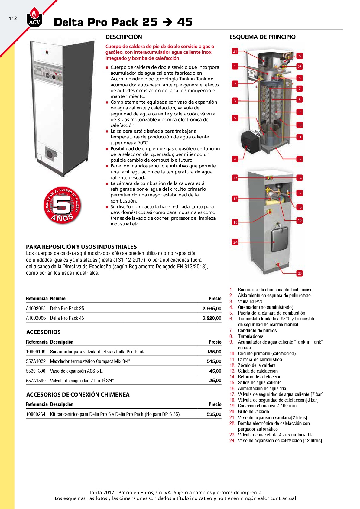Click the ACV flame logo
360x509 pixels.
(x=34, y=18)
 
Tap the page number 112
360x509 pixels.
(x=13, y=18)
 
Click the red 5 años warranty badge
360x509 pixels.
(x=62, y=206)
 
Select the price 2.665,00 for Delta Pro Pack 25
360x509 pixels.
(x=212, y=308)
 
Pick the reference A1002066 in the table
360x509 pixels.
(x=36, y=318)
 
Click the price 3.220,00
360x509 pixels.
(x=212, y=318)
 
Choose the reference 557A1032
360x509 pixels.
(x=36, y=361)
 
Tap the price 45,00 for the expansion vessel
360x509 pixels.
(x=215, y=371)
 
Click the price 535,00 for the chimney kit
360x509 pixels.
(x=214, y=414)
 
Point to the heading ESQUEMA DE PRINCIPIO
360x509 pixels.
(x=262, y=37)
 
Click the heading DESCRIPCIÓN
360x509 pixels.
(x=124, y=37)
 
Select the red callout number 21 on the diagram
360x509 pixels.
(x=235, y=51)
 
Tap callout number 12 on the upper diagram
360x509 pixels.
(x=299, y=159)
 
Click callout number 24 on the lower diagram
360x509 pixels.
(x=235, y=242)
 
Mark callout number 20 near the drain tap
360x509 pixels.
(x=299, y=273)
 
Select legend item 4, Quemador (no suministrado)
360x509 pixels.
(x=265, y=307)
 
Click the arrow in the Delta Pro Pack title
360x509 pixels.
(x=167, y=22)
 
